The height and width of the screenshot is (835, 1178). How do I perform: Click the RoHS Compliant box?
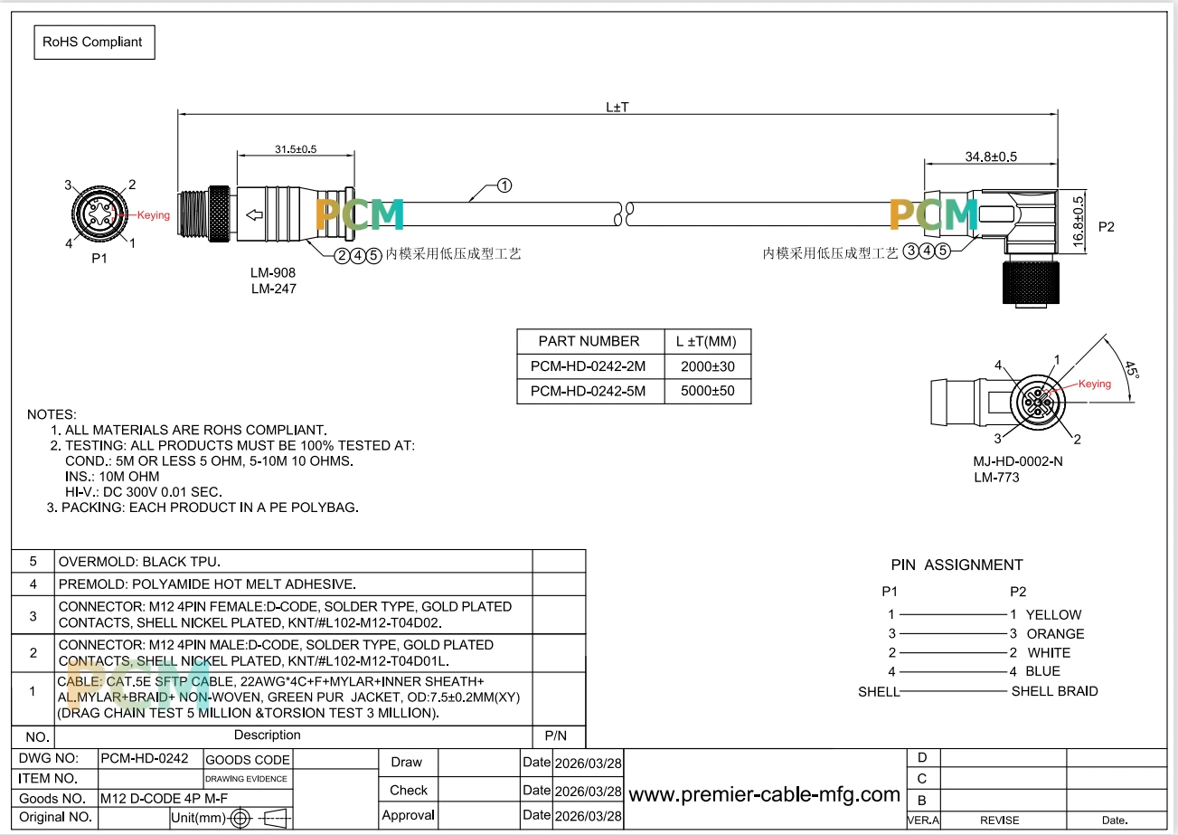pos(95,43)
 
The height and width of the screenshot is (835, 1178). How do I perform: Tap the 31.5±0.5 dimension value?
pos(296,149)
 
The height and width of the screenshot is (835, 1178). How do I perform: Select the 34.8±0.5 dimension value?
pos(991,157)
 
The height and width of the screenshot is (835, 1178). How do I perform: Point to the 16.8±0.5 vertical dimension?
pos(1078,222)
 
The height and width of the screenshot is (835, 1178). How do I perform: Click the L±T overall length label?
pos(617,108)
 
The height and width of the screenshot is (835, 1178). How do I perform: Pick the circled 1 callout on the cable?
pos(504,185)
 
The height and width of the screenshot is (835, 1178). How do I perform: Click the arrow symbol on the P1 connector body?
pos(255,214)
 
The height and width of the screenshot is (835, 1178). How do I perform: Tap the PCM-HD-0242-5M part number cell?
pos(588,391)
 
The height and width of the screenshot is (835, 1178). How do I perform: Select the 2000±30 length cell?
pos(707,366)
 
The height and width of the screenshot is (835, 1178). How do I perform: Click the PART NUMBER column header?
pos(589,341)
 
